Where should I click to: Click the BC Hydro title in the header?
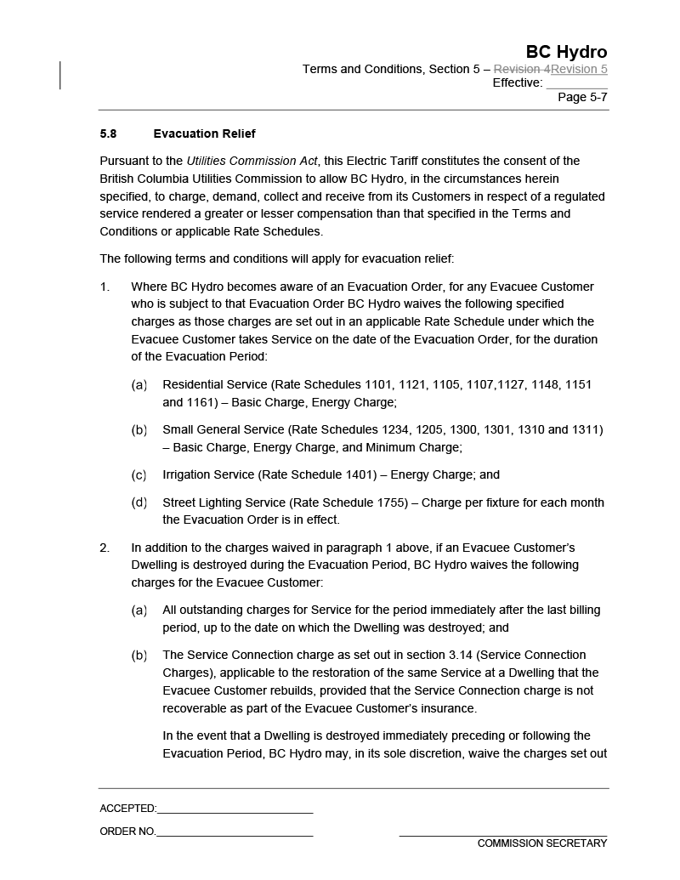566,52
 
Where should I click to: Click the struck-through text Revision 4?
522,69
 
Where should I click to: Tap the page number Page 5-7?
582,97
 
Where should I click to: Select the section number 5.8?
108,133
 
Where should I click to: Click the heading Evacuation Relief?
204,133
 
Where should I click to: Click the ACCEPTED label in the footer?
127,809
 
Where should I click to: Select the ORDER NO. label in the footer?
127,832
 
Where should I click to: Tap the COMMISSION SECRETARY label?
542,843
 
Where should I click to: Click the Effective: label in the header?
517,82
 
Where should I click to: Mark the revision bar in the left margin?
60,75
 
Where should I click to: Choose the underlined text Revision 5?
579,69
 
